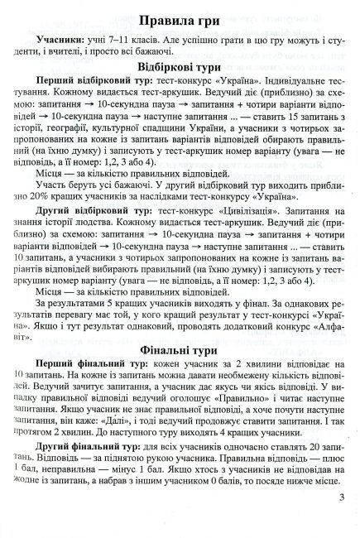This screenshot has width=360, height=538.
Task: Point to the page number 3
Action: click(x=342, y=497)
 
